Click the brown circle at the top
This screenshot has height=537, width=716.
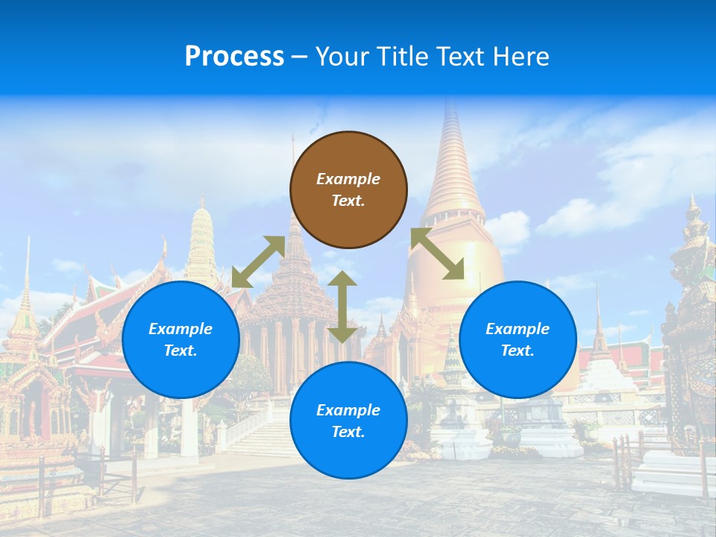tap(348, 189)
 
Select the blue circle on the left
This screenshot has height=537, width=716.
tap(180, 339)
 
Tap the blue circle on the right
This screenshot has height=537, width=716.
tap(518, 339)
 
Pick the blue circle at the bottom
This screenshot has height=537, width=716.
tap(348, 421)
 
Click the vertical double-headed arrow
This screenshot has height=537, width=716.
tap(342, 307)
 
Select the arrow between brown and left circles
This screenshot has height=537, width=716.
tap(259, 261)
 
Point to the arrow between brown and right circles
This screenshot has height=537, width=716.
tap(437, 254)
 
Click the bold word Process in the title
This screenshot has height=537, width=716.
tap(234, 56)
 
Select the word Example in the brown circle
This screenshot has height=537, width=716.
tap(348, 179)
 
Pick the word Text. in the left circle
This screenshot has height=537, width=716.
tap(180, 351)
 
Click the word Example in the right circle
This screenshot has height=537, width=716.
tap(518, 329)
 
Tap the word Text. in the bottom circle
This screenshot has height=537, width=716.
tap(348, 432)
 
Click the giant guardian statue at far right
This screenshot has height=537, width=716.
tap(691, 313)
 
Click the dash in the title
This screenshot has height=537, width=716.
tap(300, 56)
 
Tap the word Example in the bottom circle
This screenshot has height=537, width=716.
tap(348, 410)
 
